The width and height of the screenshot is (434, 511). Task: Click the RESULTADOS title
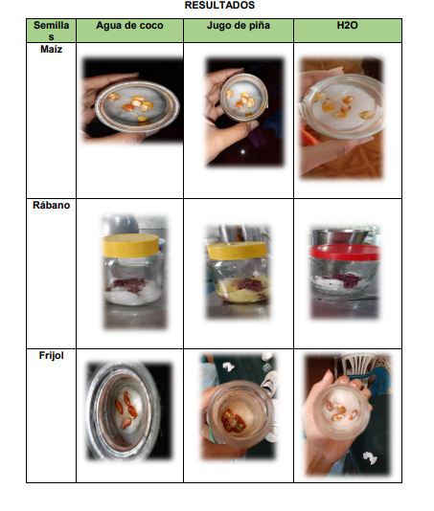(219, 5)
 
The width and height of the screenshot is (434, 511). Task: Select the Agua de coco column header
(129, 26)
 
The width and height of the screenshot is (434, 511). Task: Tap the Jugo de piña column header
(239, 26)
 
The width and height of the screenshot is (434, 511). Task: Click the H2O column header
(347, 26)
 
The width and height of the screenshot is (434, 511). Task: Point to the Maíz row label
(51, 49)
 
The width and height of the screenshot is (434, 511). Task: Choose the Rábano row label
(51, 205)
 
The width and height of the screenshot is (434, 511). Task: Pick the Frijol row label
(51, 355)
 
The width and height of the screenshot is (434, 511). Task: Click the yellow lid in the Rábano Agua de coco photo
(130, 245)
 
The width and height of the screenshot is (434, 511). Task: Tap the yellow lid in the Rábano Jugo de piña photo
(237, 251)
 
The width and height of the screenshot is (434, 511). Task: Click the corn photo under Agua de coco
(132, 100)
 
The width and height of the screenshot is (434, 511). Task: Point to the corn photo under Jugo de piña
(244, 111)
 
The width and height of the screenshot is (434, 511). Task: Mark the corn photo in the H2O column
(341, 118)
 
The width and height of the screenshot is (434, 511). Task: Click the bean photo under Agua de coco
(129, 411)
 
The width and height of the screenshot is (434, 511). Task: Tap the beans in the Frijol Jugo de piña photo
(233, 422)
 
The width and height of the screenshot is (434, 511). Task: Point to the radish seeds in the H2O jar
(344, 280)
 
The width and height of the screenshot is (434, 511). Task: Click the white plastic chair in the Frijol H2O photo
(362, 365)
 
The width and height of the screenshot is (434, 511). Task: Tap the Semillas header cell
(51, 31)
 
